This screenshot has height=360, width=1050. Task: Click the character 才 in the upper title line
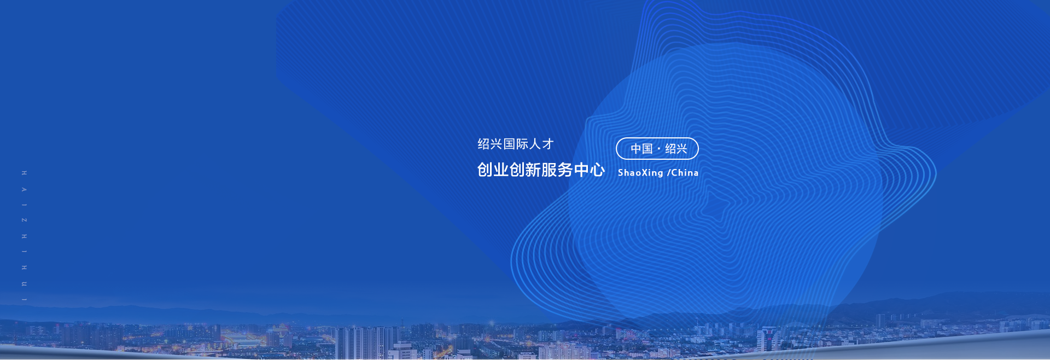(548, 144)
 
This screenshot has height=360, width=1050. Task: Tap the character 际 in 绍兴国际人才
(522, 144)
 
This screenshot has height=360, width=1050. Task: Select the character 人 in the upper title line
(535, 144)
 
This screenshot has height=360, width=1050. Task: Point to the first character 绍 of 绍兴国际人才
(483, 144)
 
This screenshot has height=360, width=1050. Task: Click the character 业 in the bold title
(501, 170)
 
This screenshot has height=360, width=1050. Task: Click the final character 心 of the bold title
(597, 170)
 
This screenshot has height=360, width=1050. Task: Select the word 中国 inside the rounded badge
(641, 149)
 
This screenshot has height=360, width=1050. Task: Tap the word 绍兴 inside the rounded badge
(676, 149)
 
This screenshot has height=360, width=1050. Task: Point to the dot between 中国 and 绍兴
(659, 149)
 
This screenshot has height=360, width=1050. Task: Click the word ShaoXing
(640, 173)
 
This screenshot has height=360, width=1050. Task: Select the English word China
(685, 173)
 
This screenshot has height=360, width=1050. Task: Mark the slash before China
(668, 173)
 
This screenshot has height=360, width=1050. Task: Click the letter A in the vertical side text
(24, 189)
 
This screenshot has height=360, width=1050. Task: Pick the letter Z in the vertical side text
(24, 220)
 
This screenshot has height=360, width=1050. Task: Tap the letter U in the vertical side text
(24, 284)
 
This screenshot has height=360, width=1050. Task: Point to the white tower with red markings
(768, 339)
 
